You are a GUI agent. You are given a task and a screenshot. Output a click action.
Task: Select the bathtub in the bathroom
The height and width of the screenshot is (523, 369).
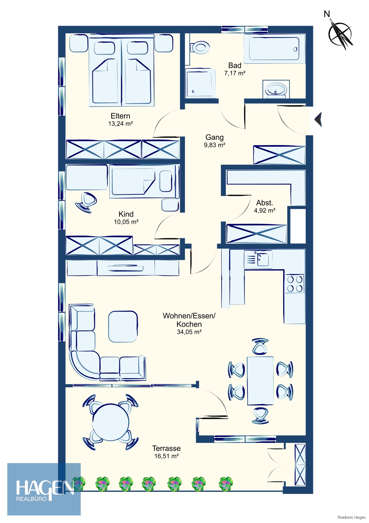(x=274, y=49)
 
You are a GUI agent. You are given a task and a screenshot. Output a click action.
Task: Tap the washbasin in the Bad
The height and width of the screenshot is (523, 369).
(x=276, y=89)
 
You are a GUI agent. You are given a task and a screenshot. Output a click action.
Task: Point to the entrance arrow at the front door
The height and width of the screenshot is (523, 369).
(x=318, y=120)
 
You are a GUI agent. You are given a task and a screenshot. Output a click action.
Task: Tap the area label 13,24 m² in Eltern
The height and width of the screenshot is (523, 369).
(x=121, y=124)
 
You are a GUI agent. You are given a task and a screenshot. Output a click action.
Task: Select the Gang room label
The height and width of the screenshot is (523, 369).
(x=214, y=137)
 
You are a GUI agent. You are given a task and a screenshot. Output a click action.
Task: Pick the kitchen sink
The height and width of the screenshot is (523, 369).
(x=258, y=259)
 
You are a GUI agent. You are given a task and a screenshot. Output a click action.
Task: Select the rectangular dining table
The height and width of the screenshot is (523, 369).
(x=260, y=380)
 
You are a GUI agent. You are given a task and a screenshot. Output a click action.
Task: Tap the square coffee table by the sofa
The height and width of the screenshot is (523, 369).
(x=123, y=327)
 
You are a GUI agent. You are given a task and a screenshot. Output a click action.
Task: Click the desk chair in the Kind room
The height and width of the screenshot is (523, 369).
(x=86, y=202)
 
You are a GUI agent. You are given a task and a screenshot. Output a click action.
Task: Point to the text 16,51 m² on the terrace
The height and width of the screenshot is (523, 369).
(x=166, y=456)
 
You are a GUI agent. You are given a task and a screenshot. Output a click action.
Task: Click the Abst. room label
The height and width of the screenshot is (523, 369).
(x=265, y=203)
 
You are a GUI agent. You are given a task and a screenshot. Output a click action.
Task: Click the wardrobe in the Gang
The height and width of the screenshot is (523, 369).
(x=279, y=155)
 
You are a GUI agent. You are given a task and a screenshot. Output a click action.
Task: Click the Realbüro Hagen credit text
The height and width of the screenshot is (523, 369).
(x=352, y=517)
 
